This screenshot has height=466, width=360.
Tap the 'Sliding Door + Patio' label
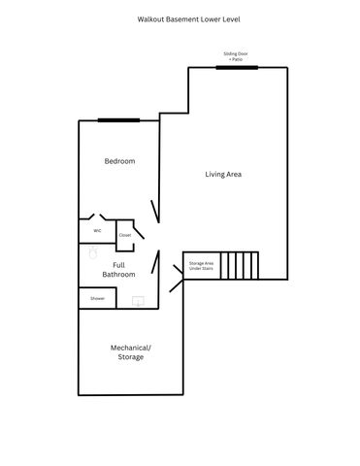click(x=236, y=57)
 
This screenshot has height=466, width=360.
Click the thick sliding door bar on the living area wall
click(x=236, y=67)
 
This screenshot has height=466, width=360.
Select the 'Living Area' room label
click(x=223, y=175)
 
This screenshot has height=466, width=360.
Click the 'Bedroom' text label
click(x=119, y=161)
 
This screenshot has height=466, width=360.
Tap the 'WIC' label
click(x=97, y=231)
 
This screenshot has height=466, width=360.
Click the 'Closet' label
click(x=125, y=235)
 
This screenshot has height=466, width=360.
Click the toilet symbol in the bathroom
click(x=93, y=251)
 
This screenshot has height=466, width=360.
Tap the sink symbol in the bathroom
click(x=139, y=302)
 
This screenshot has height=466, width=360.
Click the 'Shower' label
click(x=97, y=299)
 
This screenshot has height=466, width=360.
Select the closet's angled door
click(x=139, y=231)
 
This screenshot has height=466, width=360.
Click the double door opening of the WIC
click(x=97, y=217)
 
